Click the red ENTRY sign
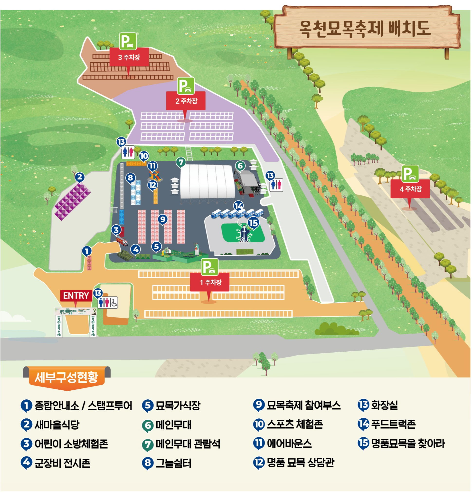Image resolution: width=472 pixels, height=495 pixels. pyautogui.click(x=76, y=296)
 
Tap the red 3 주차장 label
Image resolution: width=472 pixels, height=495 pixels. pyautogui.click(x=129, y=58)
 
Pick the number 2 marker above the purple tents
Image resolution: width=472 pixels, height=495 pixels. pyautogui.click(x=80, y=177)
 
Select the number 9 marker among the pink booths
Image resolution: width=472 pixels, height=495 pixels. pyautogui.click(x=163, y=219)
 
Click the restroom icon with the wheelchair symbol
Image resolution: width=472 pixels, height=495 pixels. pyautogui.click(x=108, y=303)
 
